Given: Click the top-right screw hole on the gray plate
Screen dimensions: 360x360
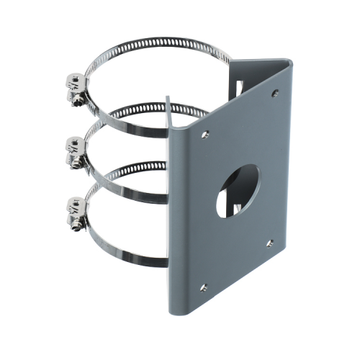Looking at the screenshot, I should pos(274,93).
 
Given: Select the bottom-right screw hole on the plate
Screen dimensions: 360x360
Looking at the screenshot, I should pos(269,243).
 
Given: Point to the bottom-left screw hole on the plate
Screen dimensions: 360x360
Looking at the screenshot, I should pos(203,287).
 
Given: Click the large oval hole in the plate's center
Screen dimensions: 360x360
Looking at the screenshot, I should pos(237,190).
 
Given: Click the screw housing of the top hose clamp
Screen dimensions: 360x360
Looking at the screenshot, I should pos(76,85).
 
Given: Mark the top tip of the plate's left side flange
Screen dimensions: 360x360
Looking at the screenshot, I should pos(168,96).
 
